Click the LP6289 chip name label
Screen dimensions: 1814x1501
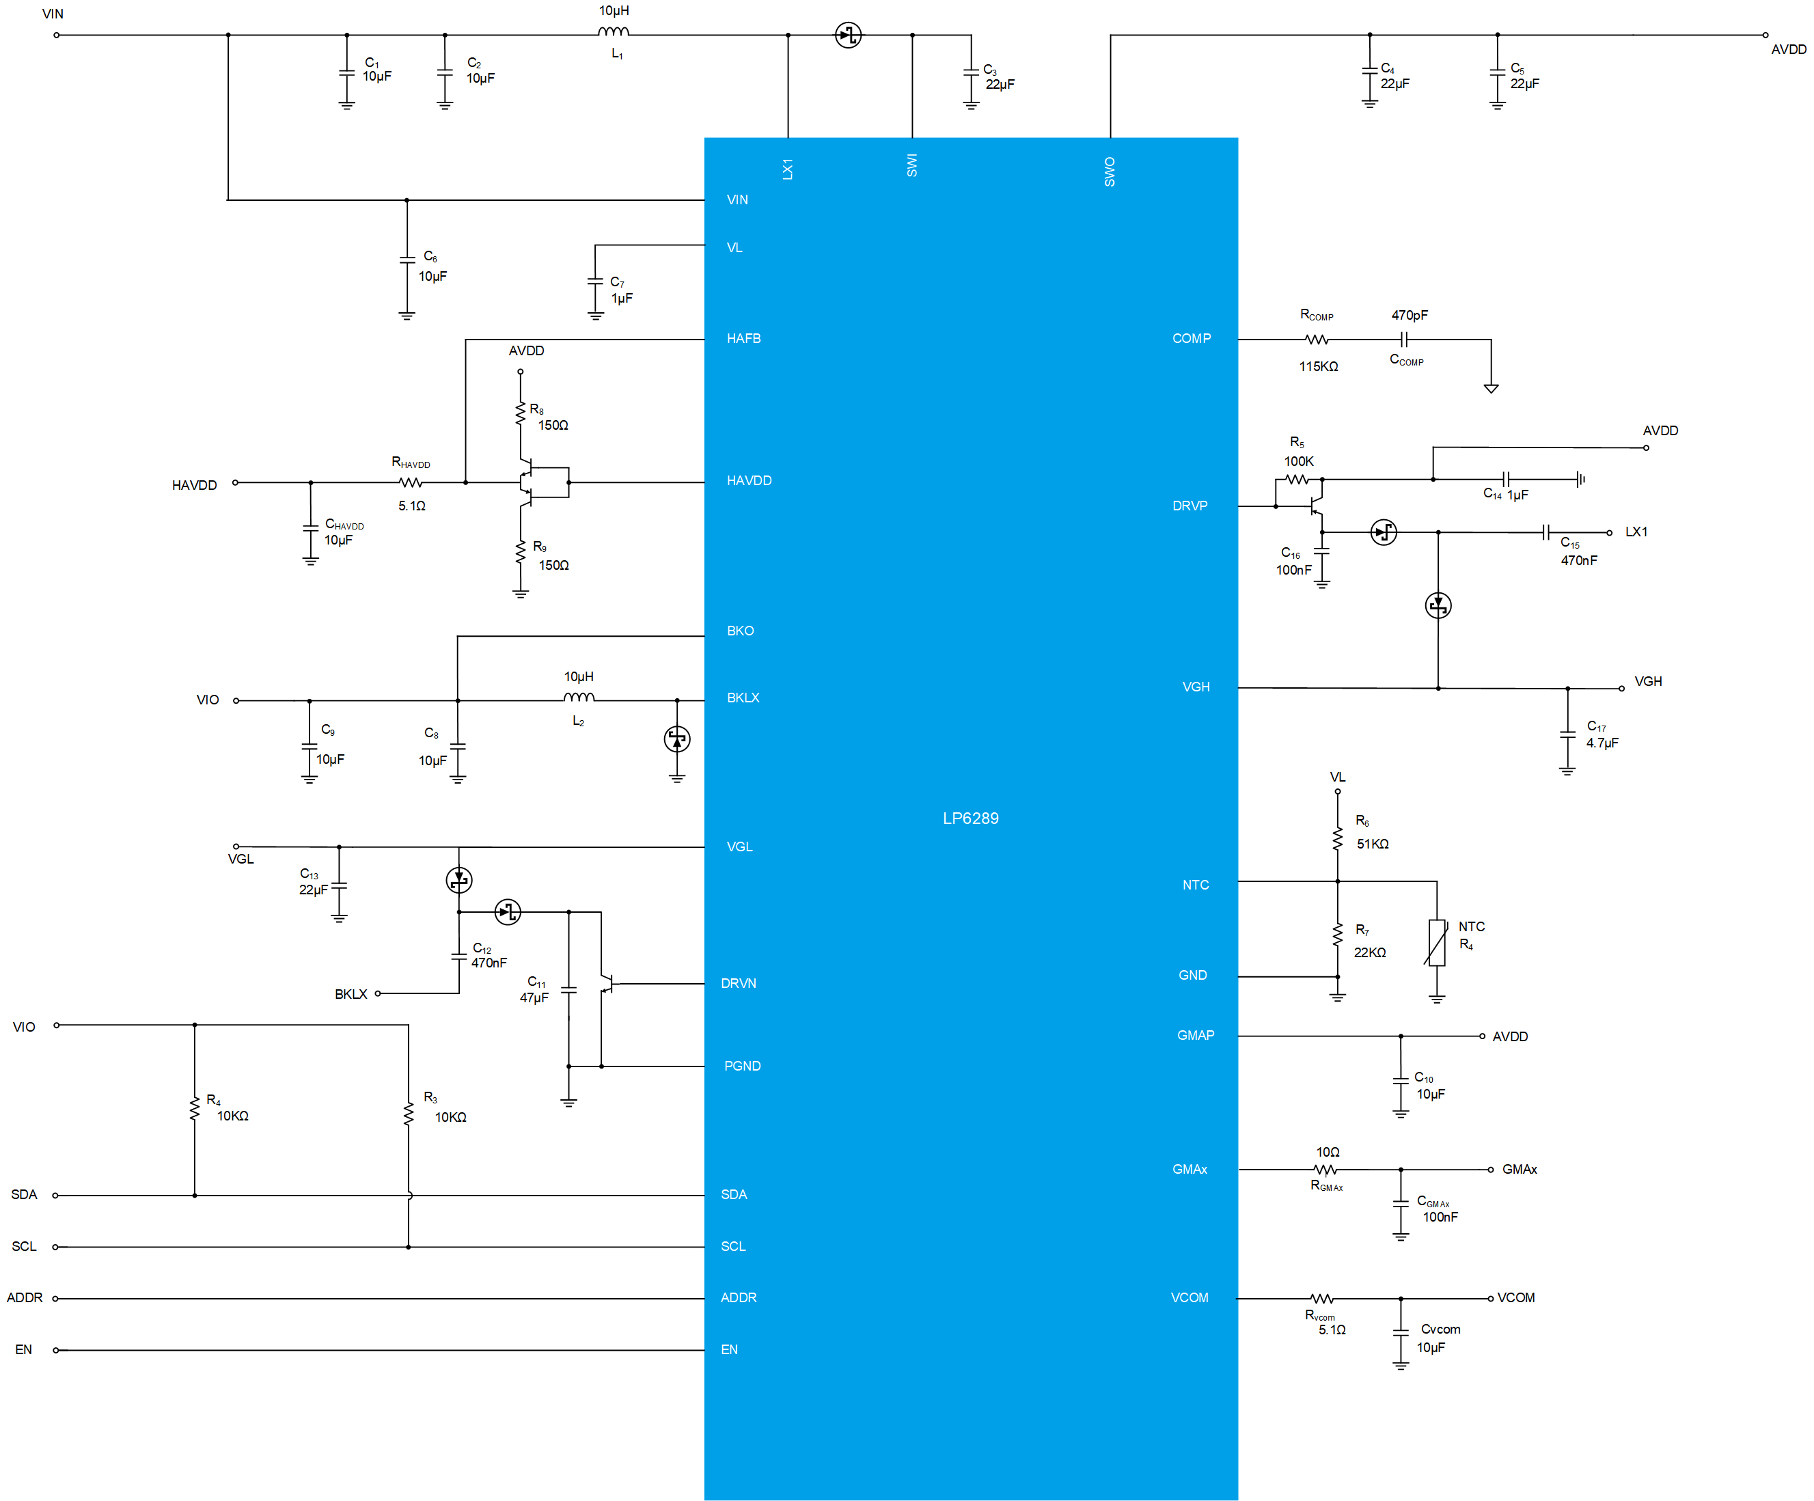970,818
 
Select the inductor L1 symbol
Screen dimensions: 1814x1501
614,32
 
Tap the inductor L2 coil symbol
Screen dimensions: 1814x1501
579,697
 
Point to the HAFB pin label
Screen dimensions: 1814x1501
744,339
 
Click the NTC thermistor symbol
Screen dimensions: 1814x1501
1437,942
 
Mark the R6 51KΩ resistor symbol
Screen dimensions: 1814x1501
1337,838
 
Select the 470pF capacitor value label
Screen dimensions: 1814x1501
1409,315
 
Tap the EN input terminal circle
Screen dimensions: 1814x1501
56,1350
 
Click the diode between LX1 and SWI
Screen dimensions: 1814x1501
849,36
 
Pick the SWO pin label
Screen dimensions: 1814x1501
1110,172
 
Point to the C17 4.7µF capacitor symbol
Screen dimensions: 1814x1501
1568,735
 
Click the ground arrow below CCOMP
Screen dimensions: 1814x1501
1491,388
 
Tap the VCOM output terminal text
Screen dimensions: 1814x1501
1516,1297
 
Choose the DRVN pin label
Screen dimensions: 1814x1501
739,983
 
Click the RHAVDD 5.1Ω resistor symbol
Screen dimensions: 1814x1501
411,483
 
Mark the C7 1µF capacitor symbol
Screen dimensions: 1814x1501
595,281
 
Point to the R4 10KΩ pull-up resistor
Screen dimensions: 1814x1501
194,1109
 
